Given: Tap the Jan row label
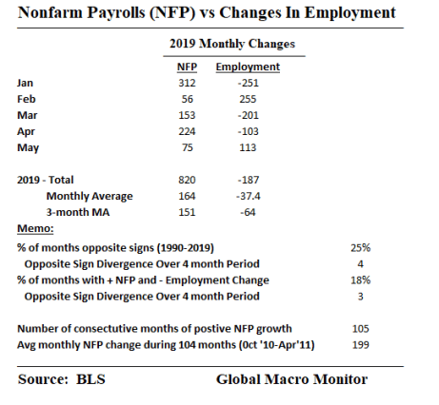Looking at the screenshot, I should (26, 83).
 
